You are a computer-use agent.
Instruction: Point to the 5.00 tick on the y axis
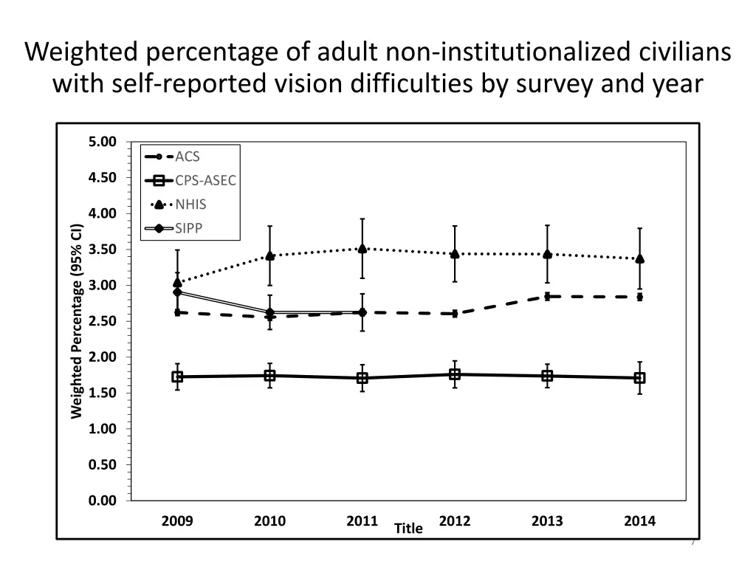point(103,142)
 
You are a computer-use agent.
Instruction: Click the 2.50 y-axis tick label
point(103,321)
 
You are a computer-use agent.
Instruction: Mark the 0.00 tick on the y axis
point(103,501)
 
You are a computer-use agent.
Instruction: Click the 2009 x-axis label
point(177,521)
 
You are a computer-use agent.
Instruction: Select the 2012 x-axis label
point(455,521)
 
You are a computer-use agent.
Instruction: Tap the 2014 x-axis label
point(639,521)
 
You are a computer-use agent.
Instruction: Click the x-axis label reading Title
point(408,529)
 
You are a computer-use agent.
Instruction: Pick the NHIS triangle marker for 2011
point(362,248)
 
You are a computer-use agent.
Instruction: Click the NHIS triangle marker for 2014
point(639,258)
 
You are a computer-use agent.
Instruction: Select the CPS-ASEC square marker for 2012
point(455,374)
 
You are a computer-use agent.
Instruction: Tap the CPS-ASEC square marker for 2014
point(639,378)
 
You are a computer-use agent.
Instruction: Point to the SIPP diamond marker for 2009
point(177,292)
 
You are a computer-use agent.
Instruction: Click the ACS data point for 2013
point(547,296)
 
